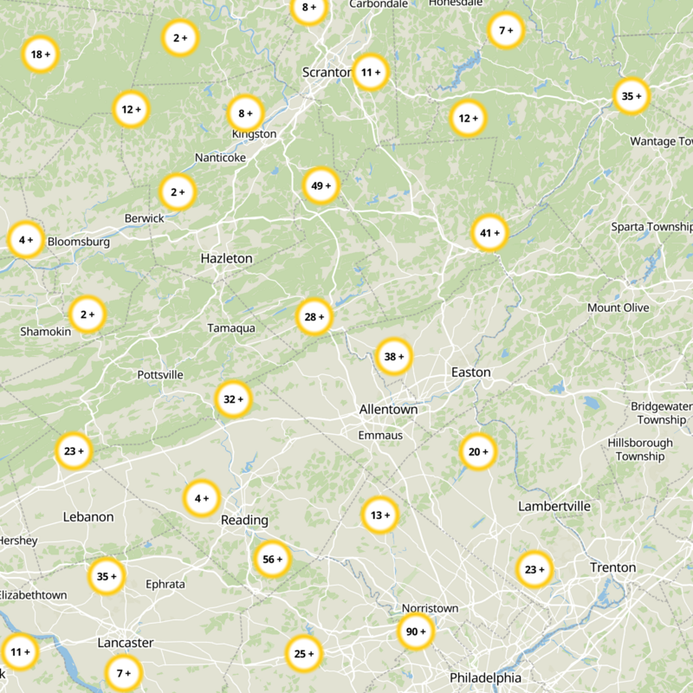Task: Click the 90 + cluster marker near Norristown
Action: coord(416,631)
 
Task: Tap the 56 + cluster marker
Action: coord(272,560)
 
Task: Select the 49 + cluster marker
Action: coord(321,185)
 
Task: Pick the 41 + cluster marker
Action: coord(489,232)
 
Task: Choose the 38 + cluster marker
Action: coord(394,356)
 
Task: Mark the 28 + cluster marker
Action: coord(314,317)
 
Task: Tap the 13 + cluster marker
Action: coord(380,515)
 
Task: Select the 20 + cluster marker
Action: coord(478,451)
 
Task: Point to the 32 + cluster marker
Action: coord(234,399)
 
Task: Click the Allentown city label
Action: coord(388,409)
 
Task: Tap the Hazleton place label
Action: coord(226,258)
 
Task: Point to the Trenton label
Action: coord(612,567)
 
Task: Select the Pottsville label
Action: coord(160,375)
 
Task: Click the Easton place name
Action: coord(470,372)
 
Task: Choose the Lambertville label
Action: coord(554,506)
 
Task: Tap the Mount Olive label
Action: coord(618,308)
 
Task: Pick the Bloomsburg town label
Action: coord(78,242)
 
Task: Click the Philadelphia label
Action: coord(485,677)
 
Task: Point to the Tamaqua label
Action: coord(231,328)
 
